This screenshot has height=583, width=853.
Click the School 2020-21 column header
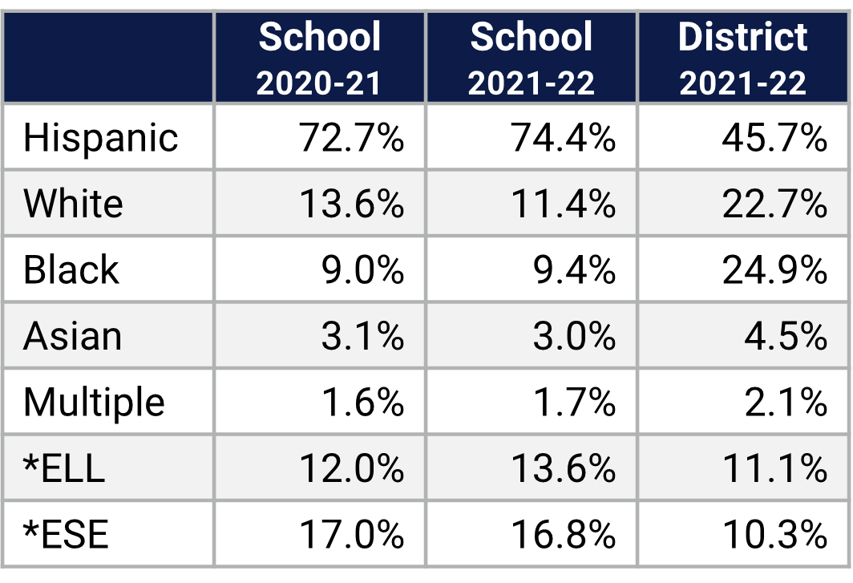[319, 58]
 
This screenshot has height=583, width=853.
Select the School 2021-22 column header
[532, 58]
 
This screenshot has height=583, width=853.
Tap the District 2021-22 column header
[743, 58]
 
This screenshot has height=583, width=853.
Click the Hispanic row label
[100, 138]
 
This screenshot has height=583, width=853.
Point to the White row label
[73, 204]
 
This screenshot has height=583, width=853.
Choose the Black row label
[71, 269]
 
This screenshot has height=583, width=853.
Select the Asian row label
[72, 336]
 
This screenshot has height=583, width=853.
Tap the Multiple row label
[94, 402]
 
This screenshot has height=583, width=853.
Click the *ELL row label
[64, 468]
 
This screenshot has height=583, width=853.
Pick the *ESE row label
[66, 534]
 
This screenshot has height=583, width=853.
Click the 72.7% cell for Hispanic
[351, 138]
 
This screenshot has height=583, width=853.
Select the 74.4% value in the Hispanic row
[563, 138]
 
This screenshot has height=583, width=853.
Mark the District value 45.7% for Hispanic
[774, 138]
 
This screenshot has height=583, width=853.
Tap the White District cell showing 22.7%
[774, 204]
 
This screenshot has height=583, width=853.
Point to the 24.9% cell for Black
[774, 269]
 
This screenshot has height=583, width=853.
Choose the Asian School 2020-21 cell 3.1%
[362, 336]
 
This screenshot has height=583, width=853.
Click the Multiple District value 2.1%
[785, 402]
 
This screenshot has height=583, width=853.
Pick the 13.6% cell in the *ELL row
[563, 468]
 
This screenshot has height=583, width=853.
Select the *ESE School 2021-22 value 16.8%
[563, 534]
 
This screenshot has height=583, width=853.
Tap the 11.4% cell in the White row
[563, 204]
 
